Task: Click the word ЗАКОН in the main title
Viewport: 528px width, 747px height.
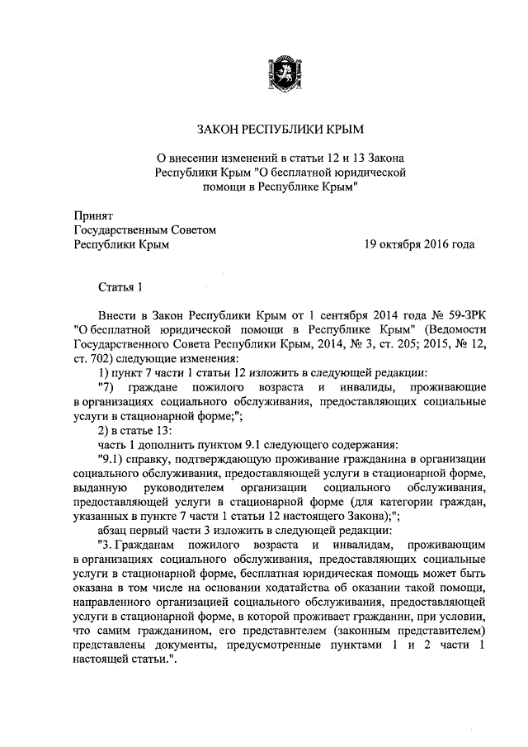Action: (x=220, y=129)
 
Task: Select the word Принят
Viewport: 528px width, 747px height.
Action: (x=91, y=215)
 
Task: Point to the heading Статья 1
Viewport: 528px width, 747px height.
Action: (x=120, y=287)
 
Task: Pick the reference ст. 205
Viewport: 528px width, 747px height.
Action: (x=361, y=345)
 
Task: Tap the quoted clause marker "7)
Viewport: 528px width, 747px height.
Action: (x=105, y=388)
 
